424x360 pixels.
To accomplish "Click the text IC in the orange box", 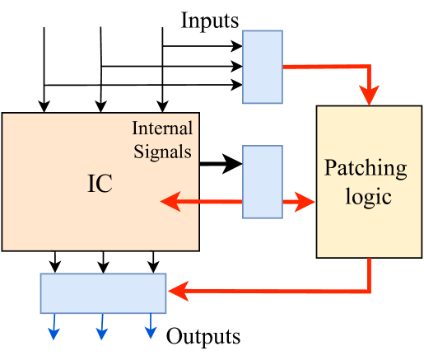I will pyautogui.click(x=100, y=185).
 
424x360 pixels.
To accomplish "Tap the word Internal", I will pyautogui.click(x=162, y=129).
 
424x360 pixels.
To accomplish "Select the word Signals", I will pyautogui.click(x=165, y=152).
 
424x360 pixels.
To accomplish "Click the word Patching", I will pyautogui.click(x=366, y=169).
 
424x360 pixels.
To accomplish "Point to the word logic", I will pyautogui.click(x=366, y=198).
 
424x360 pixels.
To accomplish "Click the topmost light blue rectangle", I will pyautogui.click(x=263, y=68).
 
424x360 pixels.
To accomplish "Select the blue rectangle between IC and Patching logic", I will pyautogui.click(x=263, y=181).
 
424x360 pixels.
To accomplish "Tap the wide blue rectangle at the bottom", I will pyautogui.click(x=104, y=292).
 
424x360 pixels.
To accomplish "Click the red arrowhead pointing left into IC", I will pyautogui.click(x=170, y=201).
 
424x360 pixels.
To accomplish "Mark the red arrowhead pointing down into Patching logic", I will pyautogui.click(x=370, y=97).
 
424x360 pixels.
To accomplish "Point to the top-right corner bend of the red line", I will pyautogui.click(x=370, y=67).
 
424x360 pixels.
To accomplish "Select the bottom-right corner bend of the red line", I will pyautogui.click(x=370, y=291).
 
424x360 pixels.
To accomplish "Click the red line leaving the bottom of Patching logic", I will pyautogui.click(x=370, y=274).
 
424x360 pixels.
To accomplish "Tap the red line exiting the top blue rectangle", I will pyautogui.click(x=321, y=67).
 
